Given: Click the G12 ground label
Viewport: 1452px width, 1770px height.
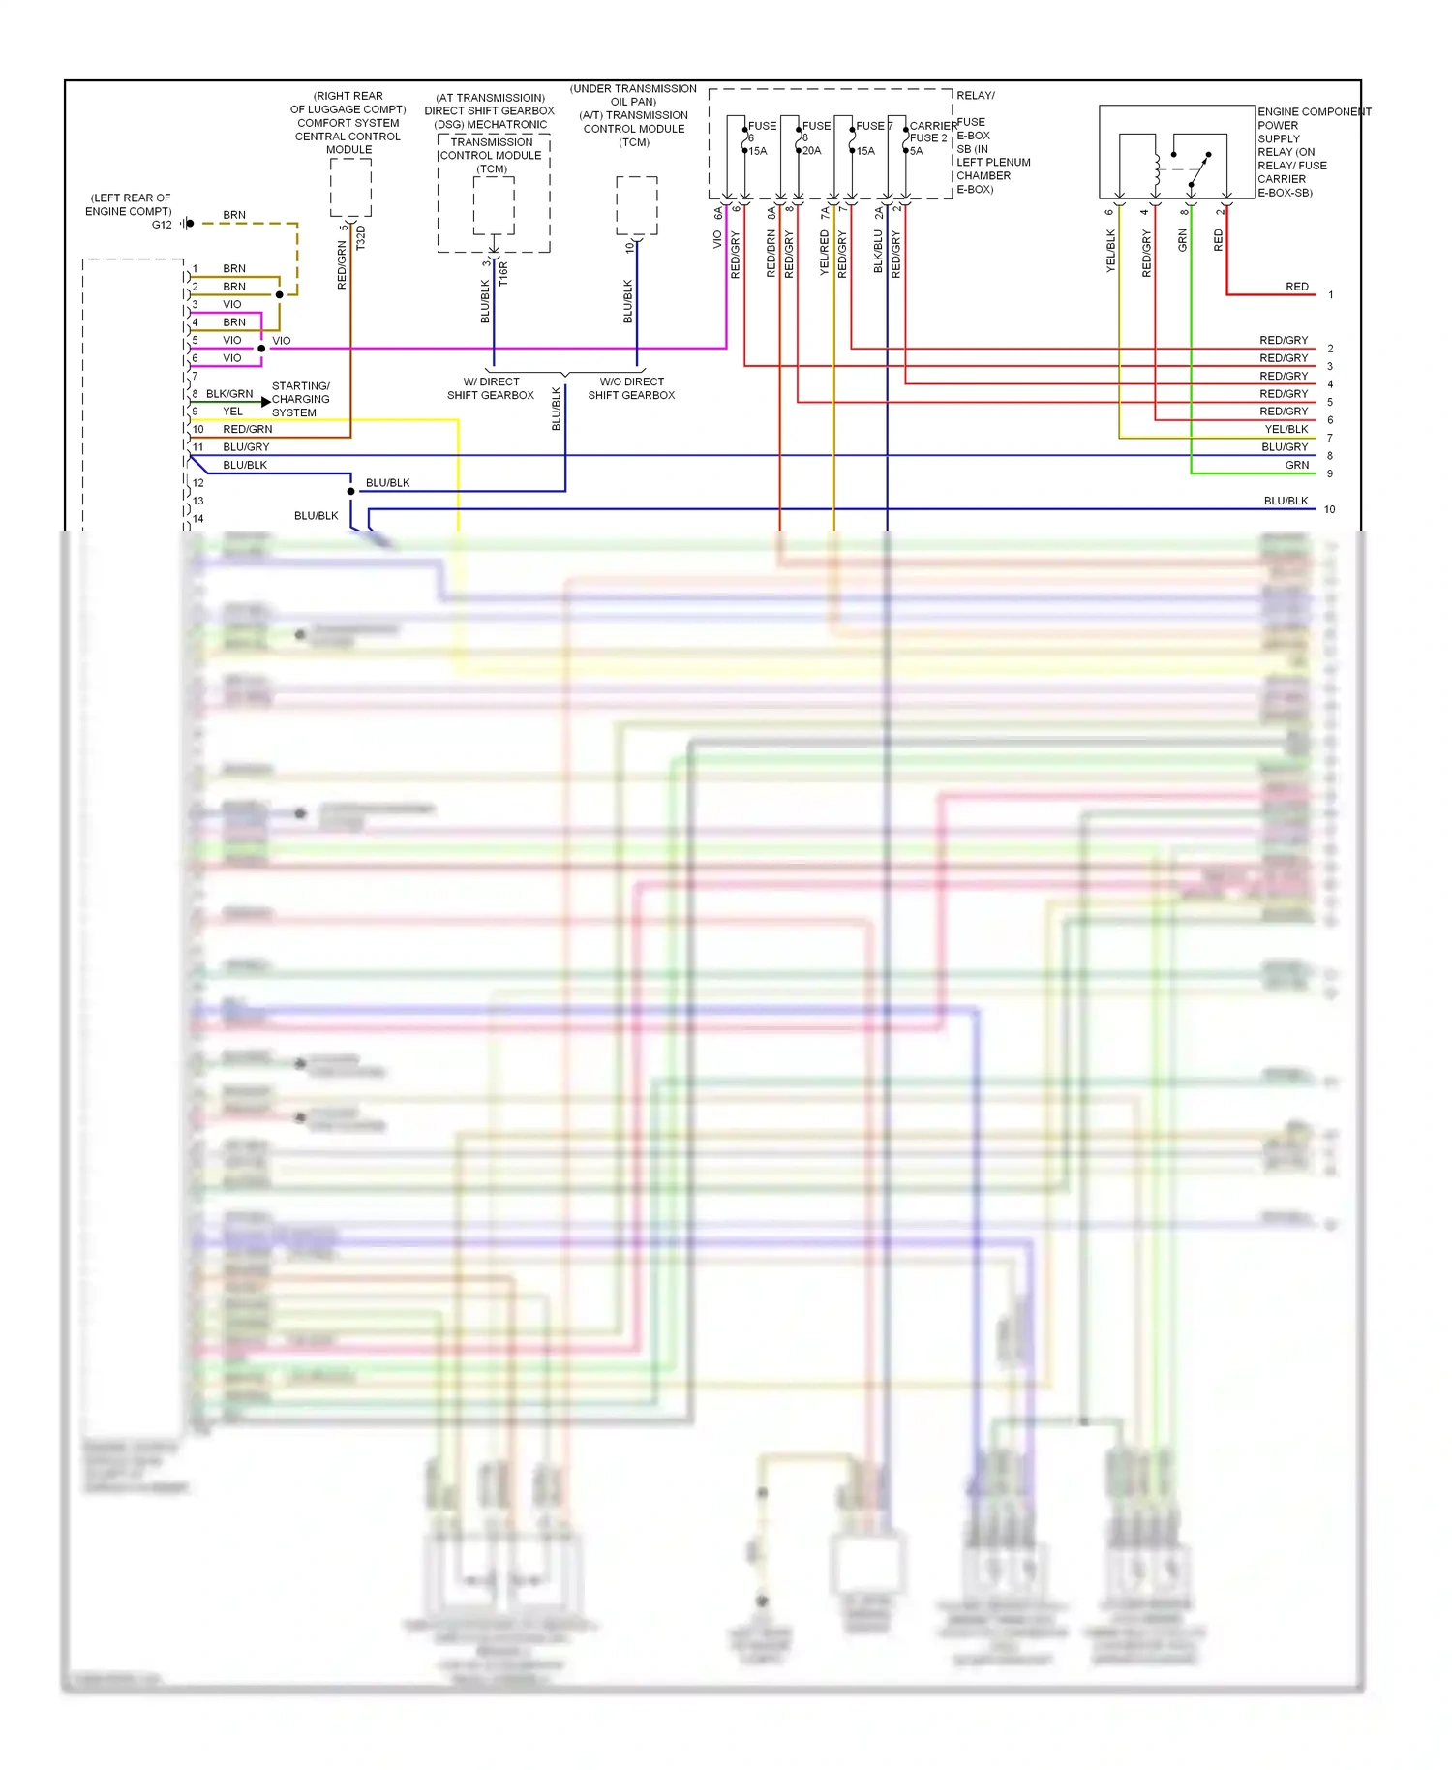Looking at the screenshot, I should point(162,225).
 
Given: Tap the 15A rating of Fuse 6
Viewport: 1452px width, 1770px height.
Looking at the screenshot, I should point(757,151).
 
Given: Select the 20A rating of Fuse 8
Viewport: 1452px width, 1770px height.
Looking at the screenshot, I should point(811,151).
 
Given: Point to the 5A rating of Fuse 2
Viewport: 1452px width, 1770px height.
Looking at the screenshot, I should point(916,151).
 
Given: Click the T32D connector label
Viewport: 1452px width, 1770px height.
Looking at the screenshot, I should point(361,238).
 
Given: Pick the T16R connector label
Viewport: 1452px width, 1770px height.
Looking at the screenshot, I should point(503,274).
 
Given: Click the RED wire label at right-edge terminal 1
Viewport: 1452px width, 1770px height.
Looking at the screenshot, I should point(1297,287).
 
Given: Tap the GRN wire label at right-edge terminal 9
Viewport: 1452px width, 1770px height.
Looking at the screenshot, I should point(1297,465).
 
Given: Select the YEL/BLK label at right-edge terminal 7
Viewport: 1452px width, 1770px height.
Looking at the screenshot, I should point(1286,429).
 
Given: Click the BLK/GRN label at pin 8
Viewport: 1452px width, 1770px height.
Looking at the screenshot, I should point(229,394).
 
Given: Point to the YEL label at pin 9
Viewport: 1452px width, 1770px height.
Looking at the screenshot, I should point(233,412).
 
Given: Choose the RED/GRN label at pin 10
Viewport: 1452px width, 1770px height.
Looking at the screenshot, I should point(248,429).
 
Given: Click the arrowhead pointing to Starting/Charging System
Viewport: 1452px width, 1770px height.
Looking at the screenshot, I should point(266,401).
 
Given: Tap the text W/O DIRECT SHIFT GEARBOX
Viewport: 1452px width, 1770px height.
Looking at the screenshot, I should point(631,388).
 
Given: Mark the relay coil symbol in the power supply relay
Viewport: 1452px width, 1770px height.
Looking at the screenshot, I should point(1157,169).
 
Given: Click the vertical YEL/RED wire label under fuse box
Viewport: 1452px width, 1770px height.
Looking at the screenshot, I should point(825,253).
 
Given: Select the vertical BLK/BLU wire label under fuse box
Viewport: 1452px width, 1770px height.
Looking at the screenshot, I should point(878,253).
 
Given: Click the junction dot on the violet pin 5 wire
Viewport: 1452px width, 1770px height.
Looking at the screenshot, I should point(261,349).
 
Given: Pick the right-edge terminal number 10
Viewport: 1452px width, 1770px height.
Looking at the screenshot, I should point(1330,509).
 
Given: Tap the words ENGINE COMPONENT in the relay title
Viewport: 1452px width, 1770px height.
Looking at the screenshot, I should point(1314,112).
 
